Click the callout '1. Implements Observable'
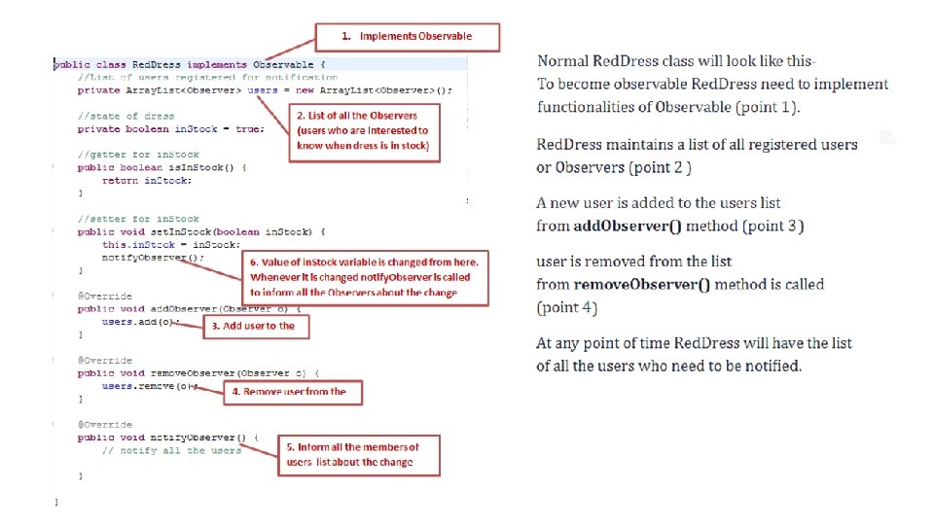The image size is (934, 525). [x=407, y=37]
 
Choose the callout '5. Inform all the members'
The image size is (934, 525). [x=359, y=454]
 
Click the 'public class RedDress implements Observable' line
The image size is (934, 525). [x=195, y=65]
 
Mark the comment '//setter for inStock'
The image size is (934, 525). [x=138, y=219]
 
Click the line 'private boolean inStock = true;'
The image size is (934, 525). [x=170, y=128]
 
